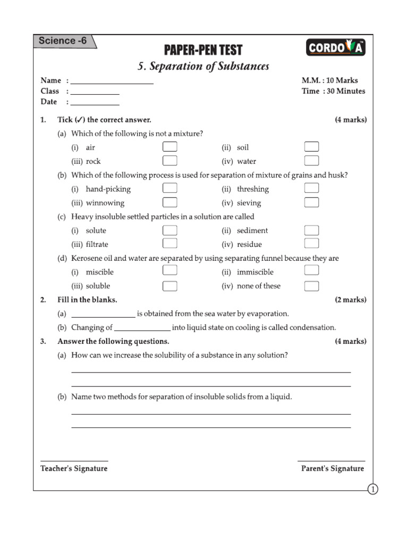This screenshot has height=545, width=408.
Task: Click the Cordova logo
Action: [x=336, y=48]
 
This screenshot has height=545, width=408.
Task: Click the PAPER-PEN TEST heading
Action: [x=203, y=50]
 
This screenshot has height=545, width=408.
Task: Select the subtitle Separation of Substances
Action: [x=203, y=67]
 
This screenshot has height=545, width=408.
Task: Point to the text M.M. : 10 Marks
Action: [x=329, y=80]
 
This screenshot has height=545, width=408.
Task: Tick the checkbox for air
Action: [x=169, y=147]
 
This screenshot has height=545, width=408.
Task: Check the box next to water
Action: [x=311, y=161]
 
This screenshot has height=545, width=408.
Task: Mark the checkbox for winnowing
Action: [x=169, y=202]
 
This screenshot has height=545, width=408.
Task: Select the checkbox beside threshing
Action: [x=311, y=188]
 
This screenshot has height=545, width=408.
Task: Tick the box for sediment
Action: [x=311, y=230]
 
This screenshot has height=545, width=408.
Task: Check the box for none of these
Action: [x=311, y=286]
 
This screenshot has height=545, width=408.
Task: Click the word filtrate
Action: [x=97, y=244]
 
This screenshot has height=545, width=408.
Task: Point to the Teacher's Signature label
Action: [x=74, y=468]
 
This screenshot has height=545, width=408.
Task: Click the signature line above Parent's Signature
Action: [x=331, y=461]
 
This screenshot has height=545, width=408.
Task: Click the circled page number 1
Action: [x=372, y=489]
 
